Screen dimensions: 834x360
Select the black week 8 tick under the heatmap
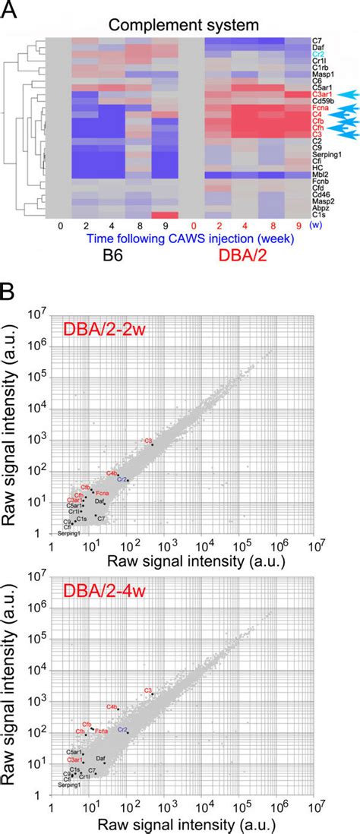click(x=139, y=226)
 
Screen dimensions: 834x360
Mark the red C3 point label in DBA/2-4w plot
click(x=149, y=690)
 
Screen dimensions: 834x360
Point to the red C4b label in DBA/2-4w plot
click(x=111, y=706)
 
